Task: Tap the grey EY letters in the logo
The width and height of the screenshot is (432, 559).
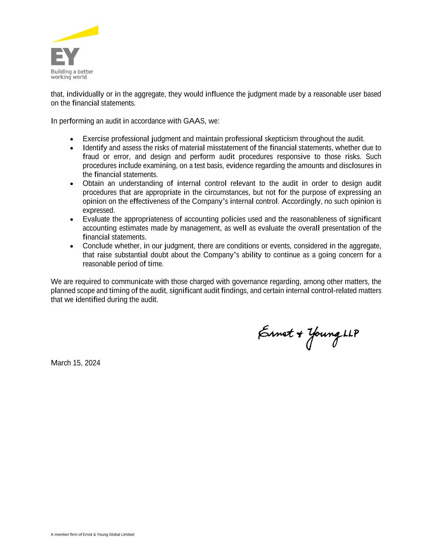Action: pyautogui.click(x=65, y=57)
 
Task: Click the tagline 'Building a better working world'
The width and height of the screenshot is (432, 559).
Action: pyautogui.click(x=72, y=74)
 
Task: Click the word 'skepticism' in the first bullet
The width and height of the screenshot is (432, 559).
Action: pyautogui.click(x=281, y=139)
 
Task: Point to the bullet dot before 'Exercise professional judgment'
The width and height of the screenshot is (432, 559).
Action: pyautogui.click(x=72, y=139)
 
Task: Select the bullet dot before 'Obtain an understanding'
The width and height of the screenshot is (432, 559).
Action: pyautogui.click(x=72, y=184)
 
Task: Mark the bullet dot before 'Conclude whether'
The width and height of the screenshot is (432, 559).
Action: pyautogui.click(x=72, y=247)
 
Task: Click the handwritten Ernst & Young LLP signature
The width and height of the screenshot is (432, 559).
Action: pyautogui.click(x=308, y=335)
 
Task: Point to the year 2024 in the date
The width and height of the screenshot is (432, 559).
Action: pyautogui.click(x=92, y=363)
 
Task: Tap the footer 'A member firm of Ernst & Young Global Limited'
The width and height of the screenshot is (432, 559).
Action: pyautogui.click(x=93, y=534)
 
